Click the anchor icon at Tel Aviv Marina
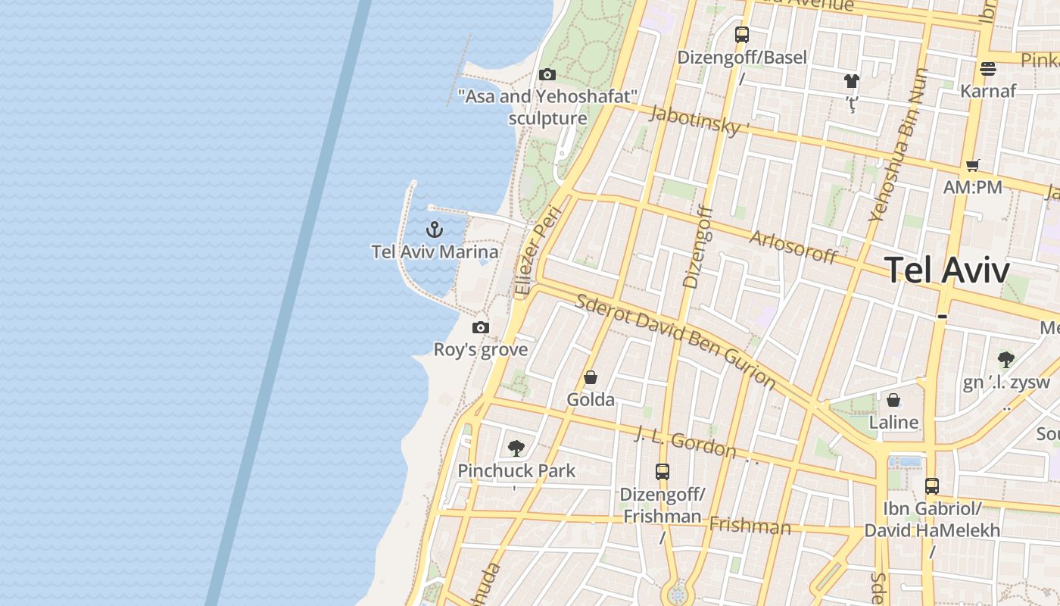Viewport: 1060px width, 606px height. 435,229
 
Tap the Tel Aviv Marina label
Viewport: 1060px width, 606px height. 435,252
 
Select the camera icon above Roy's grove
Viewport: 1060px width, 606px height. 480,327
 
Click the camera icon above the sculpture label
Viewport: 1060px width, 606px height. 547,74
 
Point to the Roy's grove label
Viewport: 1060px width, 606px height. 480,350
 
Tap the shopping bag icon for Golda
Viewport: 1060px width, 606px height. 591,377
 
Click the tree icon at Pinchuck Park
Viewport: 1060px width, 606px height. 516,448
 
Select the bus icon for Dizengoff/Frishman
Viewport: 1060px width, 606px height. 662,471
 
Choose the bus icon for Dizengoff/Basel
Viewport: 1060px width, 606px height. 742,34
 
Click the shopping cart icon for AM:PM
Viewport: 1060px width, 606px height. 973,165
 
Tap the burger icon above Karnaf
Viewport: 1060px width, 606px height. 987,69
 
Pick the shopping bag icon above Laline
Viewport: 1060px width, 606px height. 893,400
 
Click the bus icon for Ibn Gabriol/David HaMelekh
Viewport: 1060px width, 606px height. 932,486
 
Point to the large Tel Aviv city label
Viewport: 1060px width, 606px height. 946,270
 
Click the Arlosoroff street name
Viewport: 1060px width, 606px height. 793,247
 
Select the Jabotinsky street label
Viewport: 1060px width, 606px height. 695,120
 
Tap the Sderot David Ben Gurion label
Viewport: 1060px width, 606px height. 675,339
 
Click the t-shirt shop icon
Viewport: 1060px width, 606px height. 852,81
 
